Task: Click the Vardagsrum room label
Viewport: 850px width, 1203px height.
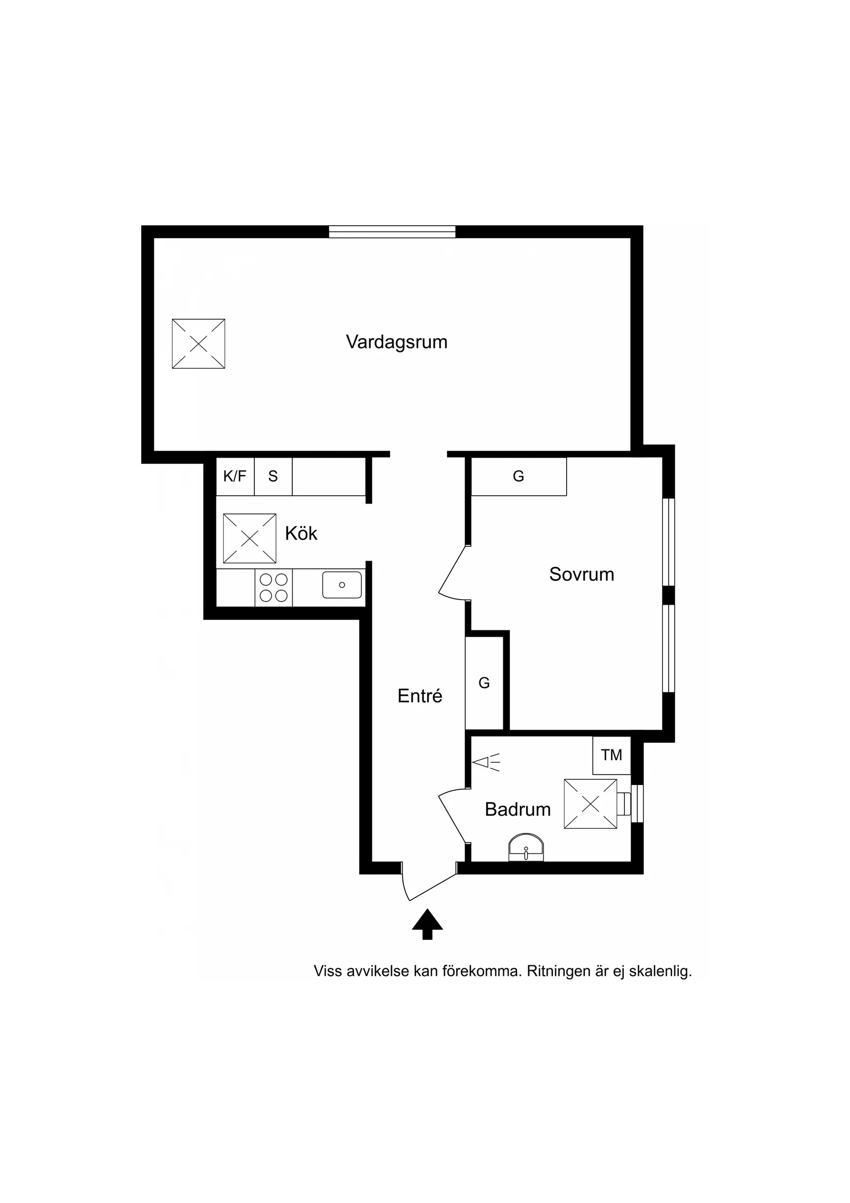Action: (x=397, y=342)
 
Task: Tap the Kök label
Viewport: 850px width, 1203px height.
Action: (x=301, y=533)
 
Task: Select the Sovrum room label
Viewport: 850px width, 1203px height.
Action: (x=581, y=574)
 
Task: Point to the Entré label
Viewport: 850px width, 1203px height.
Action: (x=419, y=696)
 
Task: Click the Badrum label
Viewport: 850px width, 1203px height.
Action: (x=517, y=810)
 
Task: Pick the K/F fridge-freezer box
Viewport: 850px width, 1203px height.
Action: (x=234, y=476)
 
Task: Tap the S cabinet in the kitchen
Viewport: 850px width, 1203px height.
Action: (x=273, y=476)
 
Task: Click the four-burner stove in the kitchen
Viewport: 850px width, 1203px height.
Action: (x=274, y=588)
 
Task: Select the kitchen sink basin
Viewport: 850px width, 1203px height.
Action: (x=342, y=584)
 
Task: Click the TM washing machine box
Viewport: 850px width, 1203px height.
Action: (x=611, y=755)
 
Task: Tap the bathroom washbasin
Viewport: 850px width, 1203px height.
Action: (x=526, y=847)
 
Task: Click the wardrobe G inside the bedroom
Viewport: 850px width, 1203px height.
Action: (x=518, y=476)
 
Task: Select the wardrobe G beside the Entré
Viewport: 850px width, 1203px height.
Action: (x=484, y=683)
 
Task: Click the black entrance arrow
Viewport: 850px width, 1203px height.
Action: (x=428, y=925)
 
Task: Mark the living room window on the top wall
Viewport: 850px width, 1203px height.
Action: (x=392, y=231)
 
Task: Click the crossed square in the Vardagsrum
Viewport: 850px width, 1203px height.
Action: (x=198, y=344)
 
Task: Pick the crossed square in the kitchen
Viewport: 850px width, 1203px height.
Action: (x=249, y=538)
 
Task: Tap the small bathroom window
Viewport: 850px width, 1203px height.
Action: (x=637, y=803)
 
